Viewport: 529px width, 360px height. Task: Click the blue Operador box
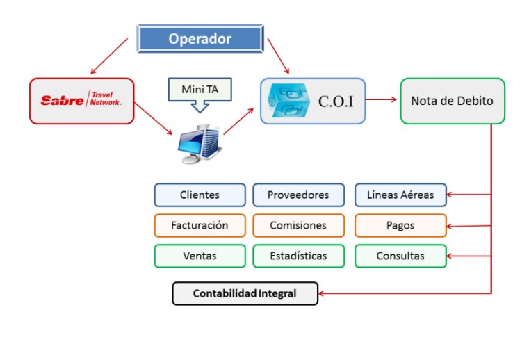200,39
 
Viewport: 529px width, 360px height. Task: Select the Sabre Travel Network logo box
82,101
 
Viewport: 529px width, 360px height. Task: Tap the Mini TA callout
199,90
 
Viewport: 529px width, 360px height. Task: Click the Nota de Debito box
452,101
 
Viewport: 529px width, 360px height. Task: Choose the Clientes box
200,195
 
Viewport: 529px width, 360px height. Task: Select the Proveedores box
298,195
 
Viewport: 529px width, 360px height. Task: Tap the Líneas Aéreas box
400,195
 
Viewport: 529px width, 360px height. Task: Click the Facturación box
200,226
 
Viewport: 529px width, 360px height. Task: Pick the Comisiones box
298,226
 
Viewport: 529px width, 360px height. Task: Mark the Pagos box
400,226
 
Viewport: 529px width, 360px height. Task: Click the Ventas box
200,256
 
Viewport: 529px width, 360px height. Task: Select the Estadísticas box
298,256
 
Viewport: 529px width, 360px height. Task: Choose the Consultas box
400,256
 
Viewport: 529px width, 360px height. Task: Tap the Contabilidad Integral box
244,293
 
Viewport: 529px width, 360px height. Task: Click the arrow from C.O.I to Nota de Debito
382,100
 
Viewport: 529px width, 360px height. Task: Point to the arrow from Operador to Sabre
109,56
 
